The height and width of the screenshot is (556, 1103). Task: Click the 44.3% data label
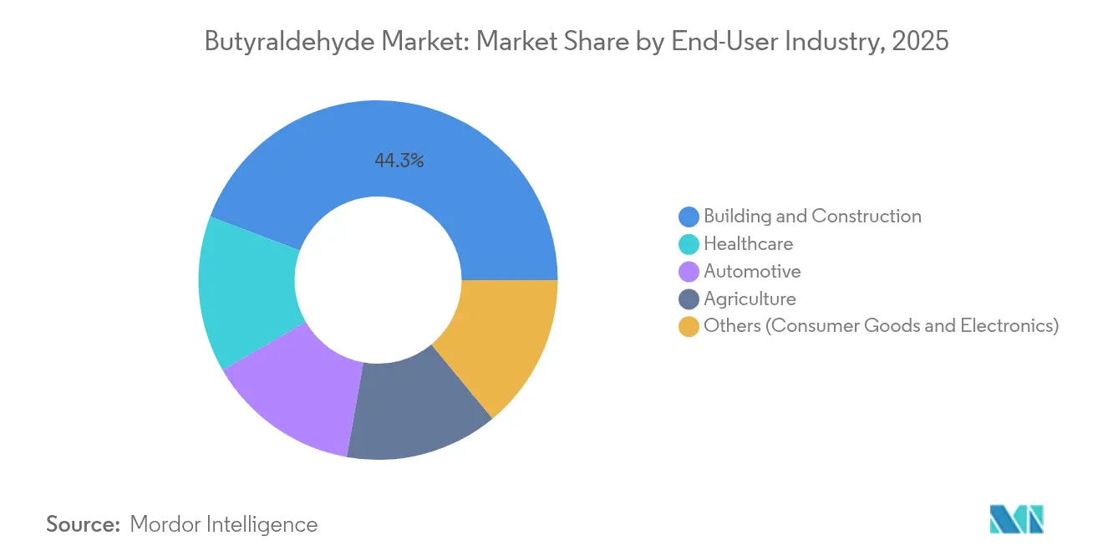[x=399, y=161]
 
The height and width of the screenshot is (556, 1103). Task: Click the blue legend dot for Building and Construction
[x=689, y=217]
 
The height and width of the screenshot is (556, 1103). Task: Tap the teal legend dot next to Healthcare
[x=689, y=244]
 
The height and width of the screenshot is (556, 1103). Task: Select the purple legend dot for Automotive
[x=689, y=272]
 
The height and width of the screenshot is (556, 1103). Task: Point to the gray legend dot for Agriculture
[x=689, y=299]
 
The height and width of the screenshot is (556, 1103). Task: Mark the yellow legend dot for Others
[x=689, y=326]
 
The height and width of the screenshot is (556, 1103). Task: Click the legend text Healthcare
[x=748, y=244]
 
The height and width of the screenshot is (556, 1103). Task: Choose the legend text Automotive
[x=752, y=272]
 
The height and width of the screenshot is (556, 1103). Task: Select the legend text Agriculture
[x=750, y=299]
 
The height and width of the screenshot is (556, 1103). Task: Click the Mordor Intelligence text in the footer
[x=223, y=524]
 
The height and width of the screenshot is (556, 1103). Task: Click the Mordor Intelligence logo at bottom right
[x=1016, y=519]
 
